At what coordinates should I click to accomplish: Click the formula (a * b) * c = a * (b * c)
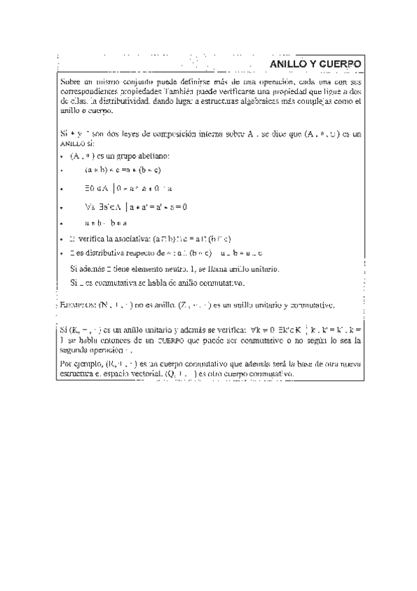coord(123,169)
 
